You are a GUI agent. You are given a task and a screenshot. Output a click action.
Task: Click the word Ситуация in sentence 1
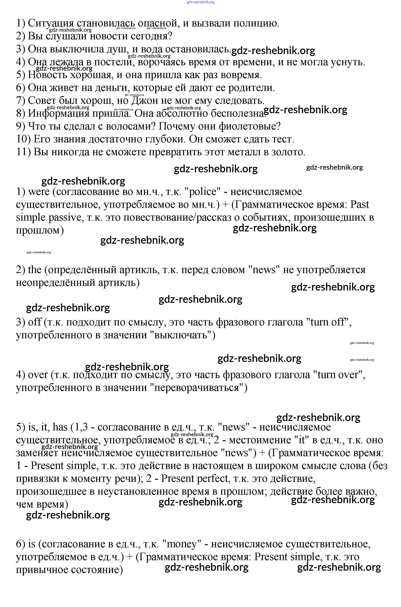(51, 24)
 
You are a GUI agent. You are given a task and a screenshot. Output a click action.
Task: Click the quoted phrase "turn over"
(339, 375)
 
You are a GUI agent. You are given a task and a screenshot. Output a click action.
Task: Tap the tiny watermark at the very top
(200, 2)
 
